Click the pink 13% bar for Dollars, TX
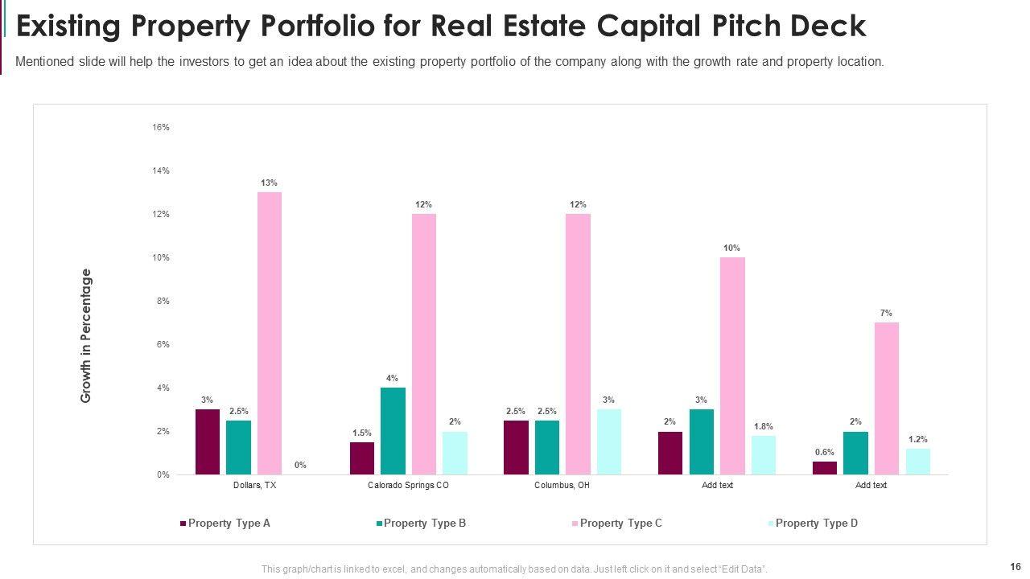[x=270, y=333]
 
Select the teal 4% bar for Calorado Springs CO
[x=393, y=431]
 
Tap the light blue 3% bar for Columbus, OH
[x=609, y=441]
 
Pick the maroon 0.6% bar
[x=825, y=468]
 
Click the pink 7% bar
[x=886, y=398]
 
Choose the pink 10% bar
[x=732, y=366]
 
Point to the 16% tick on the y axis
[x=161, y=127]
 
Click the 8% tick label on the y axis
[x=163, y=301]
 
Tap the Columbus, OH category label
[x=562, y=486]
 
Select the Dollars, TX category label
[x=254, y=486]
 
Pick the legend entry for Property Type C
[x=620, y=524]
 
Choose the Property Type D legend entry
[x=816, y=524]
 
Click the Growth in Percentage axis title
[x=86, y=335]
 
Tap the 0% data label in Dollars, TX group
[x=300, y=465]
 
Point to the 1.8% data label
[x=764, y=426]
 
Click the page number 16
[x=1015, y=566]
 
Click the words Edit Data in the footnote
[x=741, y=569]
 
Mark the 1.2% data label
[x=918, y=439]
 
